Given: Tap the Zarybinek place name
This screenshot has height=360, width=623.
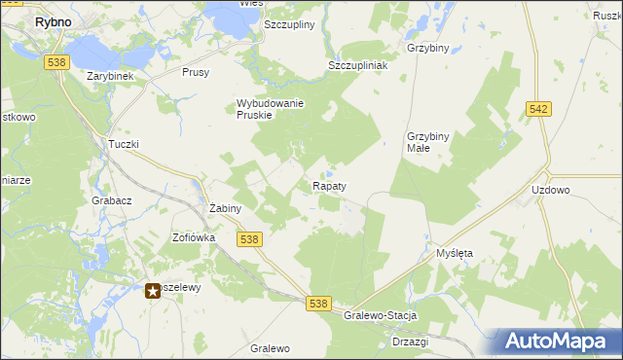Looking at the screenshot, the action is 109,76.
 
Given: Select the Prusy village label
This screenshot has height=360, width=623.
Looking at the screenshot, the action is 197,73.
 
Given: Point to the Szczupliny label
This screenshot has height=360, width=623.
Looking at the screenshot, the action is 289,25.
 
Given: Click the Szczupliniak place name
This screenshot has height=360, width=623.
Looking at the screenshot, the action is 357,65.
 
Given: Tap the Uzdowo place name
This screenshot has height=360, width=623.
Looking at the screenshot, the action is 551,191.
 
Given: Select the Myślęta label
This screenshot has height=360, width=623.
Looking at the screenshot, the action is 454,253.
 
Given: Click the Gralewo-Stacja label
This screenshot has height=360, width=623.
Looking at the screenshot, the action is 381,316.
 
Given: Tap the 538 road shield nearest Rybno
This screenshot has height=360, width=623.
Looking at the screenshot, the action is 55,61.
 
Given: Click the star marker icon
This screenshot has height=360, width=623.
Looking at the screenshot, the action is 153,290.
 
